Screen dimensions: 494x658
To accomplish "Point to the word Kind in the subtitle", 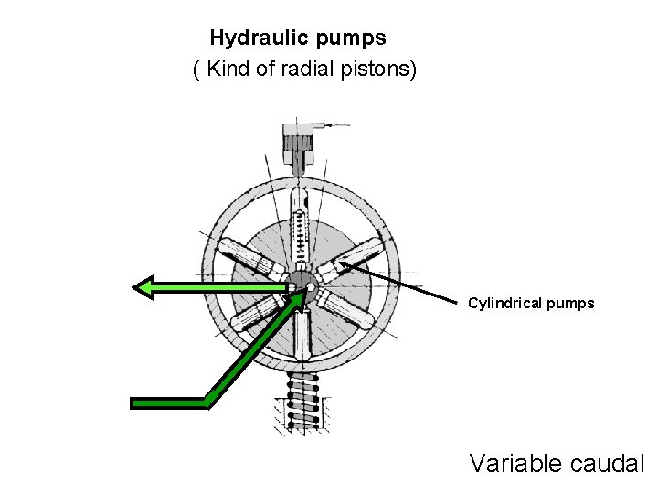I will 228,70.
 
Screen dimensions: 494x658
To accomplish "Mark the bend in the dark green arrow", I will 207,402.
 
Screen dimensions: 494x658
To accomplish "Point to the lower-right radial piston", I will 352,311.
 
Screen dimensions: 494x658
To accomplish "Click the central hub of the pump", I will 300,285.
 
